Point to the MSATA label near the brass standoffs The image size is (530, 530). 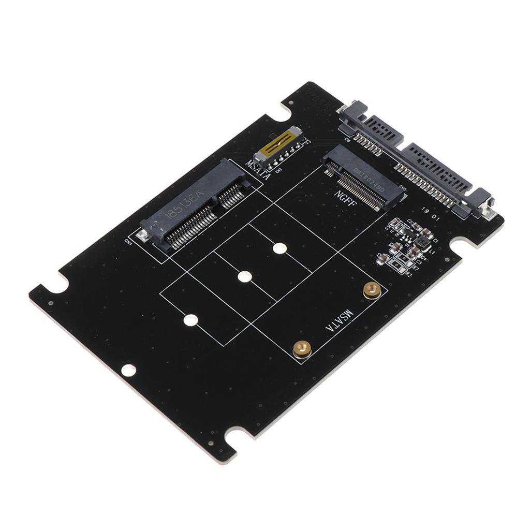coord(338,321)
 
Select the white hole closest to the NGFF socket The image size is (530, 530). coord(279,248)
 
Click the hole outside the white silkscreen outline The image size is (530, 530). coord(128,370)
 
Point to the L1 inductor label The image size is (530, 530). coord(432,249)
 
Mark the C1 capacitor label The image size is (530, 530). coord(436,241)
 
